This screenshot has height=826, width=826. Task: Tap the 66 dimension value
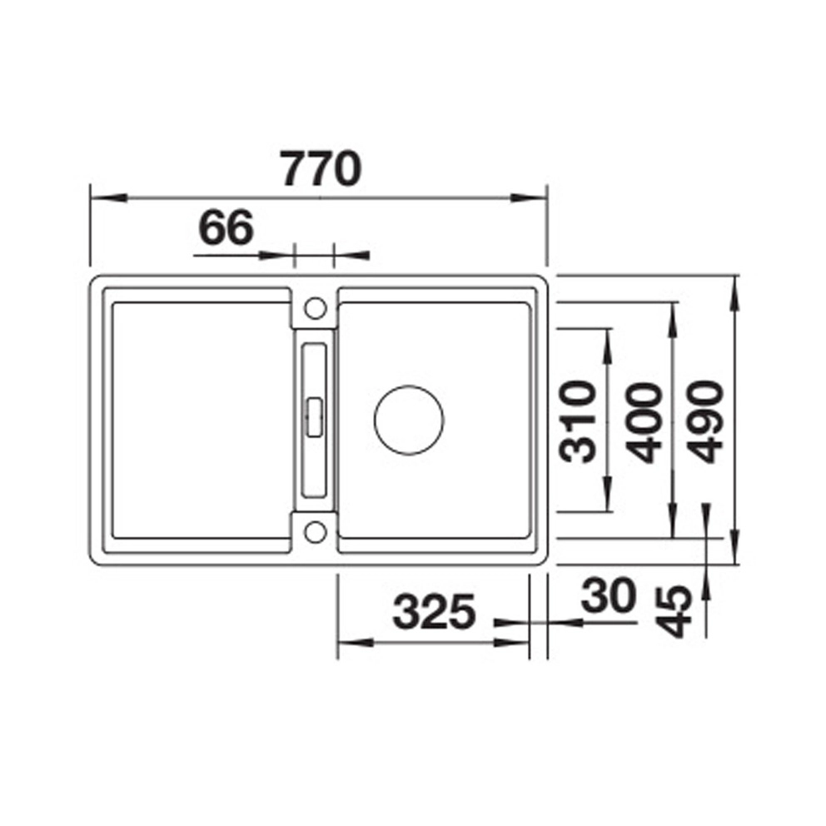click(226, 227)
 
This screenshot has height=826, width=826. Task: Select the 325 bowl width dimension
click(434, 612)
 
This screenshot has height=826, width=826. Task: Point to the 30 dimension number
click(608, 596)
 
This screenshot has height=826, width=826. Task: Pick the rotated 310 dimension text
click(577, 421)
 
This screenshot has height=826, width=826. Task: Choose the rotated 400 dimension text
click(643, 422)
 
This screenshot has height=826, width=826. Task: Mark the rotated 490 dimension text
click(706, 421)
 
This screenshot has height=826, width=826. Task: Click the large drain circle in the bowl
click(409, 420)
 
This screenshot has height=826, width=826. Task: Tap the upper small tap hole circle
click(316, 308)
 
